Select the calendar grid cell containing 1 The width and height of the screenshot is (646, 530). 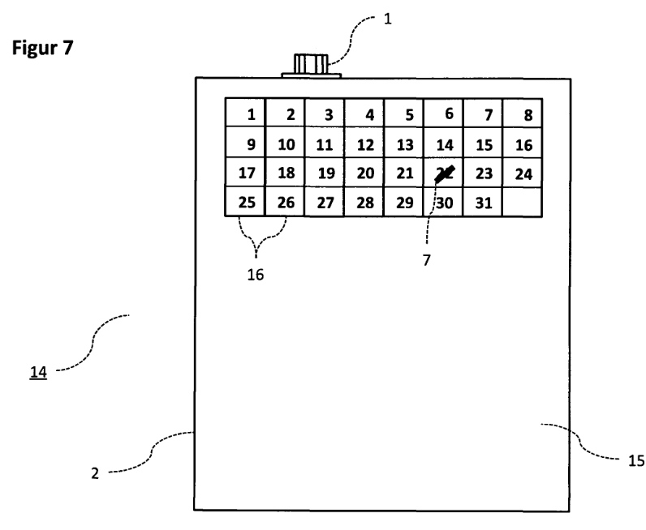click(246, 113)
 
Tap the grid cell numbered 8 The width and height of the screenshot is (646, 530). click(523, 113)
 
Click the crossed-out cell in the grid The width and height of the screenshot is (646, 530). click(443, 173)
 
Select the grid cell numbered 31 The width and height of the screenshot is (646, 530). click(483, 203)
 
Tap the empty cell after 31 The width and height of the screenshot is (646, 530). click(523, 203)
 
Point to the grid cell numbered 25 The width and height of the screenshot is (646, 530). click(246, 203)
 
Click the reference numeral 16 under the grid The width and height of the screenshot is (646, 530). click(255, 275)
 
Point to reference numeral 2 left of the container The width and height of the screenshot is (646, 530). click(95, 472)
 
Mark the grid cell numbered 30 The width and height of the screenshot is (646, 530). click(443, 203)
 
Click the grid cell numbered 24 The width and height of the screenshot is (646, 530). click(523, 173)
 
